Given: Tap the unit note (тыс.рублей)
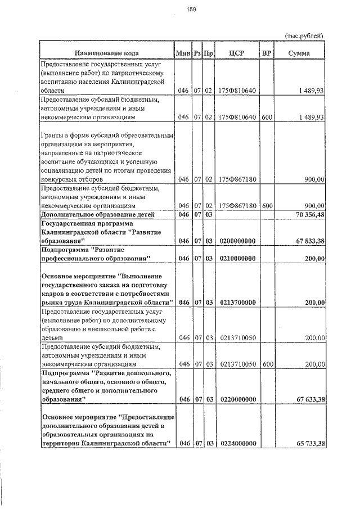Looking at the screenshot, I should click(x=304, y=35).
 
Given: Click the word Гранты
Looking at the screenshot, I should click(x=53, y=136).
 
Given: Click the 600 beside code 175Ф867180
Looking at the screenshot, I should click(x=267, y=205).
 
